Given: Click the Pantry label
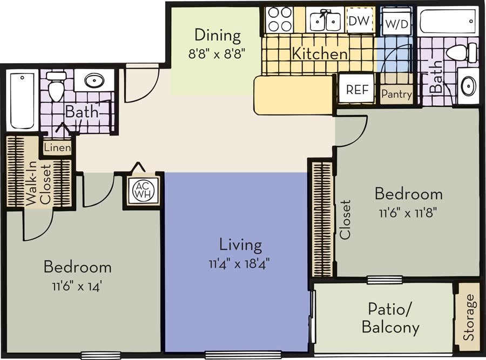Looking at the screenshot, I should click(x=396, y=94).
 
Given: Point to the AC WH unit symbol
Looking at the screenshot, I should click(x=143, y=191).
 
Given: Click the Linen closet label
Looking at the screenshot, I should click(x=56, y=147).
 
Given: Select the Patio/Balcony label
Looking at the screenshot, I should click(x=390, y=318).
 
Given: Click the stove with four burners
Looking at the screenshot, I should click(x=280, y=19).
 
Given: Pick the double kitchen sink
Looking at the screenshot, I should click(x=326, y=21).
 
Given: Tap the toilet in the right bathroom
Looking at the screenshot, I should click(x=461, y=53).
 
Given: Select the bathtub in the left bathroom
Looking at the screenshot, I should click(x=22, y=100).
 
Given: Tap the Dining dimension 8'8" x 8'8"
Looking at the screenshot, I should click(x=217, y=55).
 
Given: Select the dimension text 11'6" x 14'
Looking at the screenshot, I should click(x=77, y=286).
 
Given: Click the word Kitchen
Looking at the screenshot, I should click(x=320, y=54).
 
